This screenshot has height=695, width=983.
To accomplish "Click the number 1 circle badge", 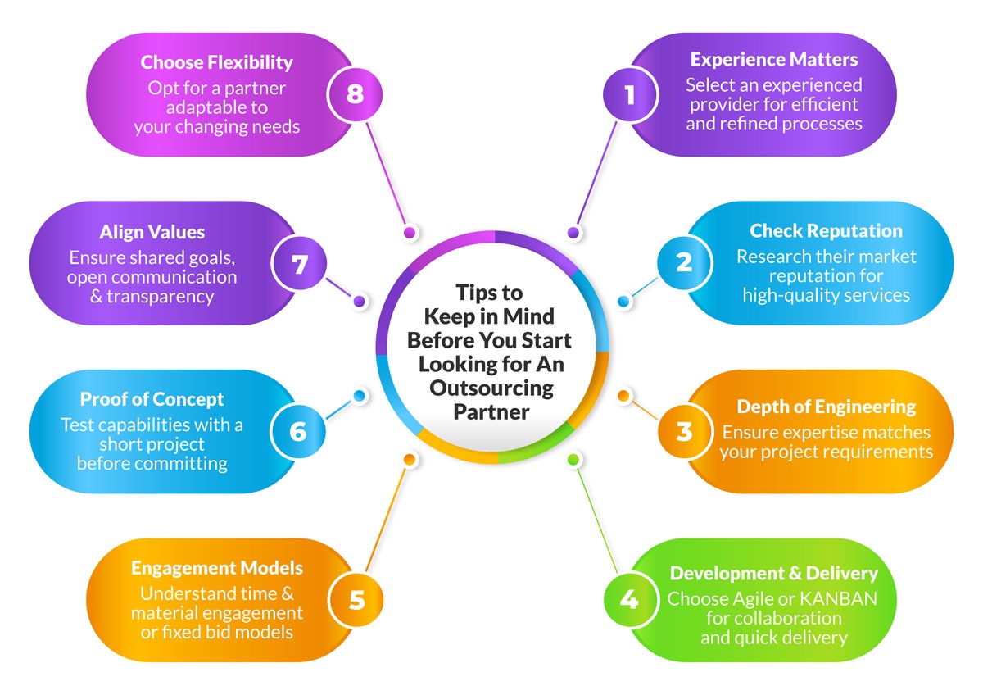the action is pos(630,94).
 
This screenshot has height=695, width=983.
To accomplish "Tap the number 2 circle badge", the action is pos(684,262).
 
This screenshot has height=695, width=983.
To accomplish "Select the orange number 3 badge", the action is pos(684,432).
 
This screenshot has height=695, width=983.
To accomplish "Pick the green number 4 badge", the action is pos(630,600).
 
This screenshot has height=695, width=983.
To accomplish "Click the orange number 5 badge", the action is pos(356,600).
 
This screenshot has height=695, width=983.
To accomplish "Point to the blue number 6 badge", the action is pos(298,432).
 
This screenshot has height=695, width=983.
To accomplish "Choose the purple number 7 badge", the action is pos(300,263).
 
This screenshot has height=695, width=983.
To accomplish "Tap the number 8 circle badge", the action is pos(355,94).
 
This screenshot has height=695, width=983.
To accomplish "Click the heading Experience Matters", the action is pos(773,60).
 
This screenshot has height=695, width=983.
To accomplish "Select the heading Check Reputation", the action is pos(826,231).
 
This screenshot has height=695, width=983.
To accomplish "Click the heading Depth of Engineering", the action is pos(827,407).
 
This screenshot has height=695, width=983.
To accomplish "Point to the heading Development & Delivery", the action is pos(773,574).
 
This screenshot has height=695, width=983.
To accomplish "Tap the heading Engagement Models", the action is pos(217,568).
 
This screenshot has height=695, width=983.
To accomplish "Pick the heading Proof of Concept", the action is pos(152,399).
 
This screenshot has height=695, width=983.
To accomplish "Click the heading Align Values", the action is pos(152,232).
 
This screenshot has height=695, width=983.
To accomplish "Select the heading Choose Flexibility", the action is pos(217,62).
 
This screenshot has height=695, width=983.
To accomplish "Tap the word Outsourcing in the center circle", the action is pos(491,388).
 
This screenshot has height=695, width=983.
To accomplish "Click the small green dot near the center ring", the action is pos(573,460).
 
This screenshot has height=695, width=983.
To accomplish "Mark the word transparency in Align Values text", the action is pos(161,298).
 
